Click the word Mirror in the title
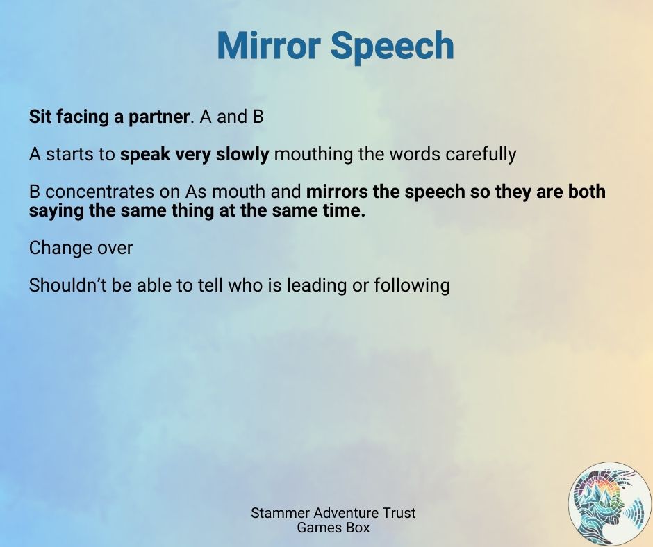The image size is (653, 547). pyautogui.click(x=269, y=45)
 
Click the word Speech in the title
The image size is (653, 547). pyautogui.click(x=392, y=47)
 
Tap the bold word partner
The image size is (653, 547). pyautogui.click(x=158, y=117)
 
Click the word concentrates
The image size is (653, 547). pyautogui.click(x=99, y=192)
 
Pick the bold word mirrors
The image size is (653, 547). pyautogui.click(x=337, y=192)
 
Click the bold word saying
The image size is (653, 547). pyautogui.click(x=56, y=211)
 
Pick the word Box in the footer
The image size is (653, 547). pyautogui.click(x=358, y=528)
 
